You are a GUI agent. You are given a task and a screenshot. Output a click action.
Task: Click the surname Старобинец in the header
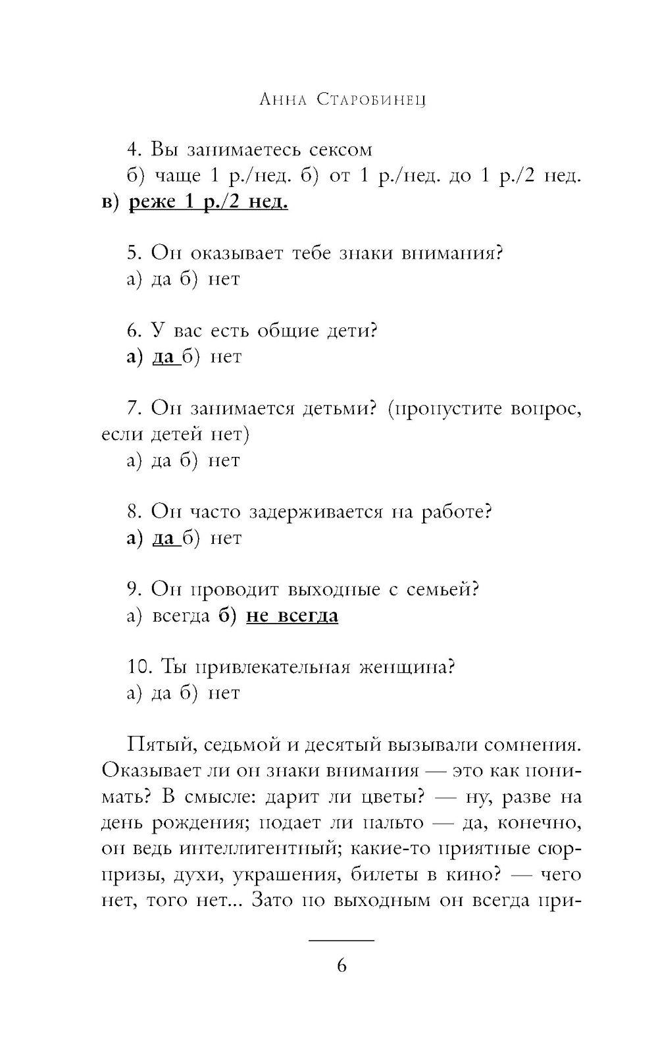click(x=371, y=100)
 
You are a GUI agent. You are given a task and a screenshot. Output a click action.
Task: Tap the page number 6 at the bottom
click(x=342, y=966)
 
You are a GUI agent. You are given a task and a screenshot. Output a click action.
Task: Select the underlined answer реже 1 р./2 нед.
click(x=208, y=201)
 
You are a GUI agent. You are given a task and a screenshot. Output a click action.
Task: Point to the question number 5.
click(x=134, y=253)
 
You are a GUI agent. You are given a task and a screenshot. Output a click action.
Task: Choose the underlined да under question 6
click(x=163, y=357)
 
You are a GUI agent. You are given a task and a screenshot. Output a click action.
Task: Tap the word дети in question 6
click(x=352, y=331)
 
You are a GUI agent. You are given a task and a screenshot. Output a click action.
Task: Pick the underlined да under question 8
click(x=163, y=538)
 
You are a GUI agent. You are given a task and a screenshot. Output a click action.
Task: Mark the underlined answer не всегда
click(x=291, y=616)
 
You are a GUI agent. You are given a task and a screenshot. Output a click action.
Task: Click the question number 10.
click(x=139, y=667)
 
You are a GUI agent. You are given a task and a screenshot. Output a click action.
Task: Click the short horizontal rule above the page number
click(x=342, y=940)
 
